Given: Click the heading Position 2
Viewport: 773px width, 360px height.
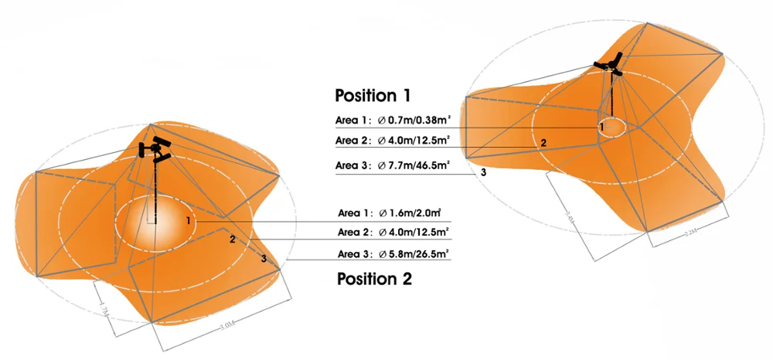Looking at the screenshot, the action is (375, 279).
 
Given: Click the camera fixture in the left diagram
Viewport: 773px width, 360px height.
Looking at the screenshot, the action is (156, 149).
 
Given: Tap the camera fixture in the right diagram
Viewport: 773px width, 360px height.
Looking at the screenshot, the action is (610, 65).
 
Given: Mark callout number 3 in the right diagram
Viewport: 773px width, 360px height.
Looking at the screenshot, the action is (483, 172).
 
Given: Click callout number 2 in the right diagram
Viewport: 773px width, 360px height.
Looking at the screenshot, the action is (543, 143).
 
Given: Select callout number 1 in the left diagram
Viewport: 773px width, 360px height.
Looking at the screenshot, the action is (188, 221).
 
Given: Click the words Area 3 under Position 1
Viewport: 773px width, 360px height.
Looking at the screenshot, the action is (352, 165).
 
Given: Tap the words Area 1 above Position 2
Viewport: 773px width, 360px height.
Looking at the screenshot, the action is (355, 212).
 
